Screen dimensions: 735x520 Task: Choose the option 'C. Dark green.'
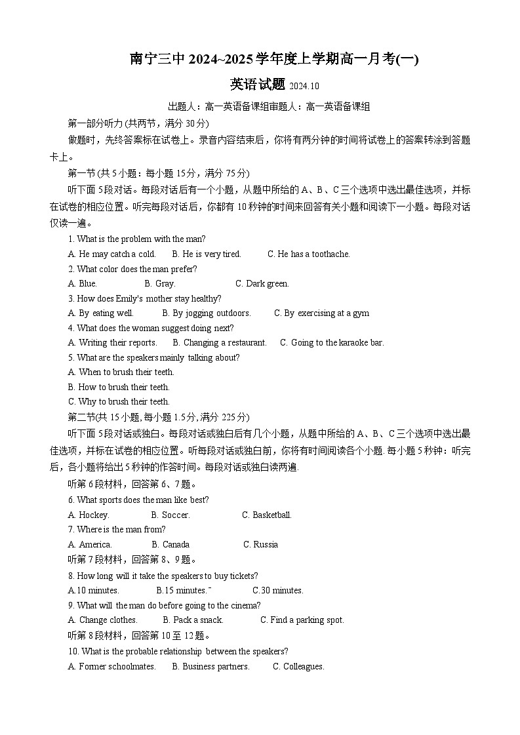click(x=262, y=284)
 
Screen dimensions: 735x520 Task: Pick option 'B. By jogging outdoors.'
click(x=207, y=313)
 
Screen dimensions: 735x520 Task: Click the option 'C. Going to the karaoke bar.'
click(x=332, y=343)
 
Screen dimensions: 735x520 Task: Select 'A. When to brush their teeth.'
click(x=121, y=372)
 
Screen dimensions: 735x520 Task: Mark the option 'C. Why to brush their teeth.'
click(x=119, y=402)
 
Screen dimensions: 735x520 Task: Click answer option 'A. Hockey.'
click(x=89, y=515)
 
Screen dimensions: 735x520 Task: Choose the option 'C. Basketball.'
click(x=267, y=515)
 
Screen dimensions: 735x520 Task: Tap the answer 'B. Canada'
click(x=170, y=545)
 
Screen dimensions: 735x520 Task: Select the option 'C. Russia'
click(x=260, y=545)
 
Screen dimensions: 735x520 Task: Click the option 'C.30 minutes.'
click(x=278, y=591)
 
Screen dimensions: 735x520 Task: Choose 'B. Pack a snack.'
click(x=193, y=620)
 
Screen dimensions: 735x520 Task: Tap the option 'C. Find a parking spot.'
click(x=302, y=620)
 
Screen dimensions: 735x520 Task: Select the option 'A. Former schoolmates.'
click(x=112, y=667)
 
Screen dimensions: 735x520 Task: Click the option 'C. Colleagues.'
click(x=298, y=667)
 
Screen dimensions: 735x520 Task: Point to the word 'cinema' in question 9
click(x=246, y=606)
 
